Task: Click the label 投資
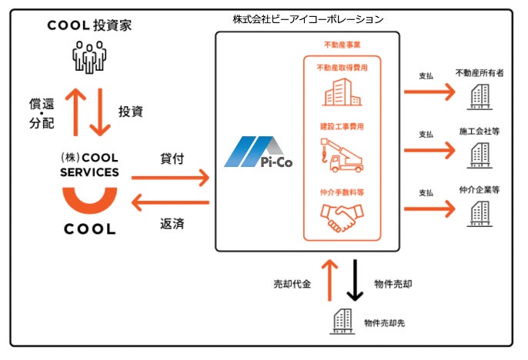[x=130, y=112]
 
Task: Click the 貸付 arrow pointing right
[x=170, y=178]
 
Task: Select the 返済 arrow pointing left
[x=170, y=203]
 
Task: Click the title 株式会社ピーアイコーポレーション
[x=308, y=18]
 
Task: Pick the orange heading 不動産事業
[x=342, y=45]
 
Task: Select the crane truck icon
[x=342, y=154]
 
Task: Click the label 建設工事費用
[x=342, y=125]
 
